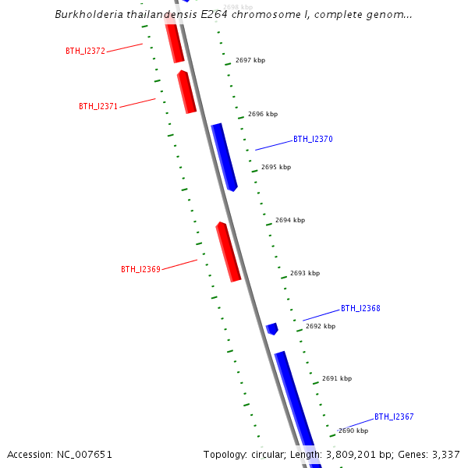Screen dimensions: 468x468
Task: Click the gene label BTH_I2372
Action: (x=85, y=51)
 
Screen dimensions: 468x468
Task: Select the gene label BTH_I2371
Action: (x=98, y=106)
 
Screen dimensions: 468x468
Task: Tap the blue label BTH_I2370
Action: (x=313, y=139)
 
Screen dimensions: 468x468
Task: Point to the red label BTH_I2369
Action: (x=140, y=269)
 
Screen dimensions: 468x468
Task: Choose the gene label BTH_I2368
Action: (x=360, y=308)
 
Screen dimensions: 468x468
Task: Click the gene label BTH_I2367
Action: (x=394, y=417)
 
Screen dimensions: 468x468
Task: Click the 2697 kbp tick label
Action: (x=250, y=60)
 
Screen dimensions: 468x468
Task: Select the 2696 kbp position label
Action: (x=263, y=114)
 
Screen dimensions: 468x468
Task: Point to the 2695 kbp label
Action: (x=276, y=167)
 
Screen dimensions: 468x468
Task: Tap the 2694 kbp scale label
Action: (x=290, y=220)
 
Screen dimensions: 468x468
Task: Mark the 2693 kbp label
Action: (x=305, y=273)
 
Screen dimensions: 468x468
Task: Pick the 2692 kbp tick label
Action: (x=321, y=326)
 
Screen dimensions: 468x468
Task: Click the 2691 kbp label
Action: (x=337, y=378)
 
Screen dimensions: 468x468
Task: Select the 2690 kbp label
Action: (x=353, y=431)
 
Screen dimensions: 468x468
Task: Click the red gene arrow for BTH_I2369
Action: (x=228, y=251)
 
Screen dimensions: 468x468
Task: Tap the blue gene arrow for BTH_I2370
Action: (x=224, y=156)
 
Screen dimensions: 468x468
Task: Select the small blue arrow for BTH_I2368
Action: (x=272, y=328)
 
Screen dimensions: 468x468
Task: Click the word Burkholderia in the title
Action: (x=87, y=15)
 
